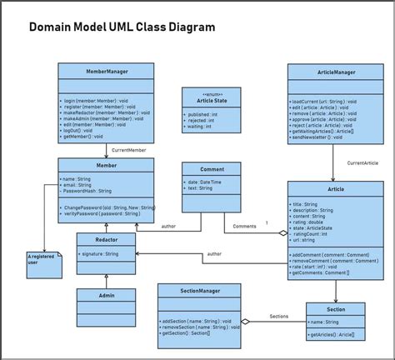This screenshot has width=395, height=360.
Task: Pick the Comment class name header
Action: click(x=212, y=168)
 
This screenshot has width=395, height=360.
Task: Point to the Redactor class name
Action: click(x=106, y=239)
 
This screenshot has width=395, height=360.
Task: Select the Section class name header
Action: click(x=336, y=308)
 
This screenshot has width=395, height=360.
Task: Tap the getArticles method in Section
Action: click(x=331, y=334)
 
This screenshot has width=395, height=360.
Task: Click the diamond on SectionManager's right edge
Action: click(x=245, y=322)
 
